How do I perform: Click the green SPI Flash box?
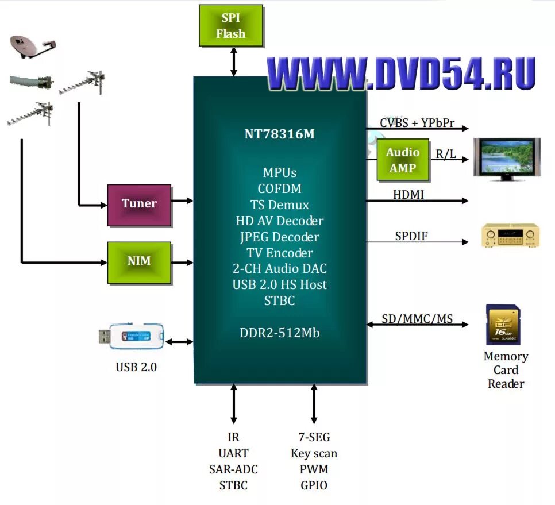coord(230,26)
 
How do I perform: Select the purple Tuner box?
coord(139,204)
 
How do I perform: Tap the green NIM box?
coord(139,262)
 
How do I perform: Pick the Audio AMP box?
coord(402,160)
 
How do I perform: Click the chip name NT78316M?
coord(279,134)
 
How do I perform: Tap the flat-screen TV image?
coord(506,159)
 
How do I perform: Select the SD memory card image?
coord(503,325)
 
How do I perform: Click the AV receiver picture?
coord(510,236)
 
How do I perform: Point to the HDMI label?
coord(408,195)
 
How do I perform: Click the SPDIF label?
coord(411,236)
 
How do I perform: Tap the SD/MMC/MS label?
coord(417,318)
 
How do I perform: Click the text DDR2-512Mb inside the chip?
coord(279,333)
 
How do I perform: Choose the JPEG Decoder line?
coord(279,237)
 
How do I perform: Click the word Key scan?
coord(314,453)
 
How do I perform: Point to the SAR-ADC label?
coord(233,469)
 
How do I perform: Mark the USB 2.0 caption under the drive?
coord(136,367)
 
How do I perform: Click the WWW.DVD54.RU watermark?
coord(401,74)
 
